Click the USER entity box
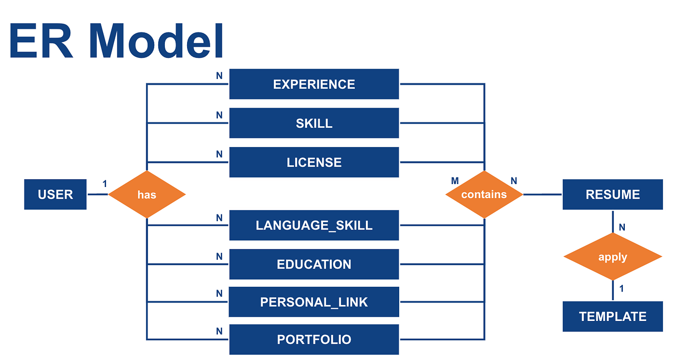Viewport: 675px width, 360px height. coord(55,195)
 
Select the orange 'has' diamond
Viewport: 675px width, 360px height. coord(147,195)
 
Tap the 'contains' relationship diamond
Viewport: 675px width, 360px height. coord(484,195)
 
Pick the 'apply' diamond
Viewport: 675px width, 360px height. coord(612,257)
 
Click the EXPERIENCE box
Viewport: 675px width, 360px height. coord(314,84)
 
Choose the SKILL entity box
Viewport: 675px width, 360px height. coord(314,123)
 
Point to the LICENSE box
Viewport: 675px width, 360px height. coord(314,162)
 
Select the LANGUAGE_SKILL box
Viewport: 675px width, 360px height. coord(314,225)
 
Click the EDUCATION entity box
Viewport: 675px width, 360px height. coord(314,264)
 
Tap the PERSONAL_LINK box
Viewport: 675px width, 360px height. coord(314,302)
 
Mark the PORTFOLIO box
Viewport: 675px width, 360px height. coord(314,339)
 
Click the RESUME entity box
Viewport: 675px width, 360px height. coord(612,195)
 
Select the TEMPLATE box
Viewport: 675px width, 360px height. coord(612,317)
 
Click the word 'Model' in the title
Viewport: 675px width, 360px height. coord(156,42)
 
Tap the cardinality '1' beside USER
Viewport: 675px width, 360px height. coord(105,184)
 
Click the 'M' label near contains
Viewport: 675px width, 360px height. coord(455,181)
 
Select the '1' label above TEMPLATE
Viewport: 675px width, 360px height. coord(621,289)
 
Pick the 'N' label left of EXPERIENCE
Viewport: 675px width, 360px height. coord(219,76)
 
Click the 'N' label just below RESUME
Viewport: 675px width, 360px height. coord(622,227)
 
